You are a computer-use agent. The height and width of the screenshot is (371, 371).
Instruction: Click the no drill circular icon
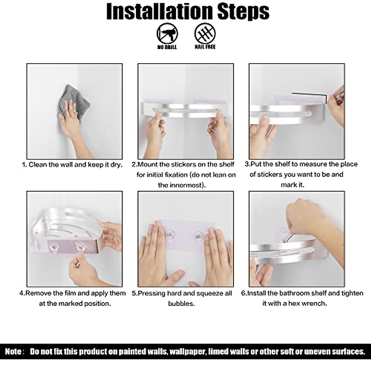coord(167,34)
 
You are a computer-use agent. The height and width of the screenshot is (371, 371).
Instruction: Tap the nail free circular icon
coord(205,34)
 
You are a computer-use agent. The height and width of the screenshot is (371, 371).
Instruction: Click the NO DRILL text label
coord(167,47)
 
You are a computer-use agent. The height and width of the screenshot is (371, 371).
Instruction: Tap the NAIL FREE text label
coord(205,47)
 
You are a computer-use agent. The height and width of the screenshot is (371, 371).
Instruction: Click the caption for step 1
coord(72,165)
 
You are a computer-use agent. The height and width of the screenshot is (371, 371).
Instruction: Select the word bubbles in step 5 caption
coord(181,304)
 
